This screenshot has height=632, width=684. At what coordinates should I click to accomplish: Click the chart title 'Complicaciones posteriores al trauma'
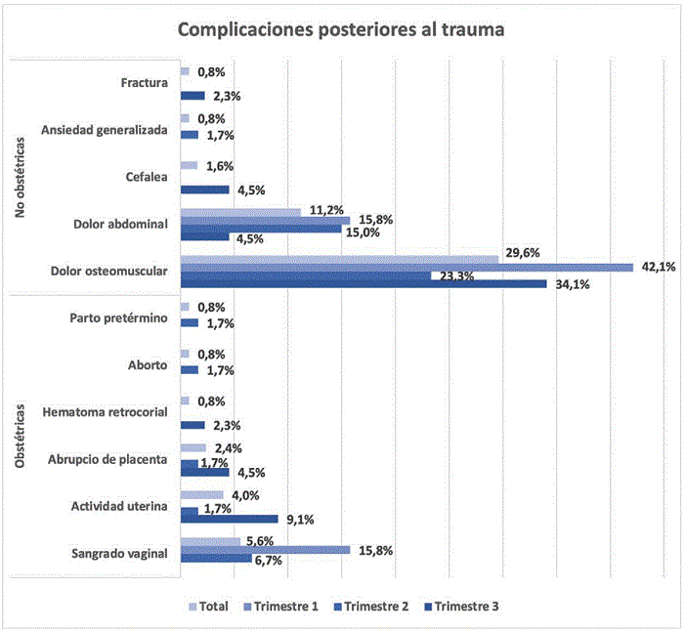[340, 30]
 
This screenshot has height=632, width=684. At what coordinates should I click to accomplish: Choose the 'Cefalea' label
[147, 177]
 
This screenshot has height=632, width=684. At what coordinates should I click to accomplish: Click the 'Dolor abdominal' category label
[121, 224]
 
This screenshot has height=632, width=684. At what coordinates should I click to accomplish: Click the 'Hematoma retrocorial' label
[107, 412]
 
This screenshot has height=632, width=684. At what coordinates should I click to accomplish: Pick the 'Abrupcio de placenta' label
[107, 459]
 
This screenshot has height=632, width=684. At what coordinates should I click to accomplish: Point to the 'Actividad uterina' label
[119, 506]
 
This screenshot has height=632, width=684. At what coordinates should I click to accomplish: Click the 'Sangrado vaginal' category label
[119, 553]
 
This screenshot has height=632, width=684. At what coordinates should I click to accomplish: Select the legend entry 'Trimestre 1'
[282, 606]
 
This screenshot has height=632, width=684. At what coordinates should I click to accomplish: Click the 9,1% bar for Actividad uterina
[230, 519]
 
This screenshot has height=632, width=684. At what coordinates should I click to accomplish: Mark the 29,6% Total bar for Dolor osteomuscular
[339, 257]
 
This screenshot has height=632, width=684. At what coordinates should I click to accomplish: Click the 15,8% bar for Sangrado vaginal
[265, 550]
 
